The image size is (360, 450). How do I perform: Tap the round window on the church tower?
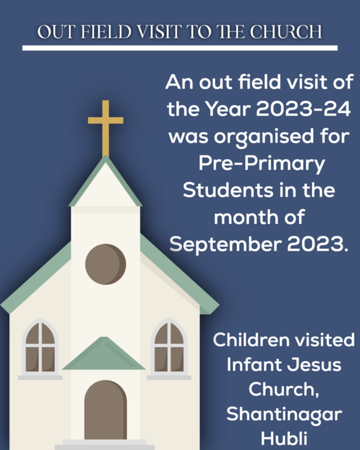click(x=106, y=264)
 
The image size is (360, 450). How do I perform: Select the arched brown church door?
click(x=106, y=410)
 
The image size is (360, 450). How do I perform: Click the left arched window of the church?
click(x=40, y=348)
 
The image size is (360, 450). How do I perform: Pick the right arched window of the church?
click(x=169, y=348)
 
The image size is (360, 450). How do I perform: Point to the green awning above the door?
click(x=104, y=353)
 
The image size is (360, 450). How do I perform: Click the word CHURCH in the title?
click(x=286, y=32)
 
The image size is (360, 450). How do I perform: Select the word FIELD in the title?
click(x=106, y=32)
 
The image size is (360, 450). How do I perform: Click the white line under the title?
click(x=180, y=48)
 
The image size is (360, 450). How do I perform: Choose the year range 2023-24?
click(x=303, y=109)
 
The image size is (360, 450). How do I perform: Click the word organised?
click(x=264, y=137)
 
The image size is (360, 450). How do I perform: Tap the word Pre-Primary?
click(x=261, y=164)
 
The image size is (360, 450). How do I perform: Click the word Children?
click(x=251, y=340)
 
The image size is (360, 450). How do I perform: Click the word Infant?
click(x=254, y=365)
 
